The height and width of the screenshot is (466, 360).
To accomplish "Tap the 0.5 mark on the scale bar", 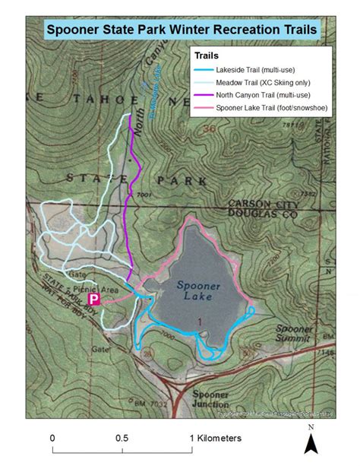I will (x=122, y=439).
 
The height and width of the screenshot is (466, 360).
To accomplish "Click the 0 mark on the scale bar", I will (x=52, y=439).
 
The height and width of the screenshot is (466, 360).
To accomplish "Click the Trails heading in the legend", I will (x=207, y=55).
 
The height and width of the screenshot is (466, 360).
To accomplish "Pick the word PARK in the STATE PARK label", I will (x=182, y=181).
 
